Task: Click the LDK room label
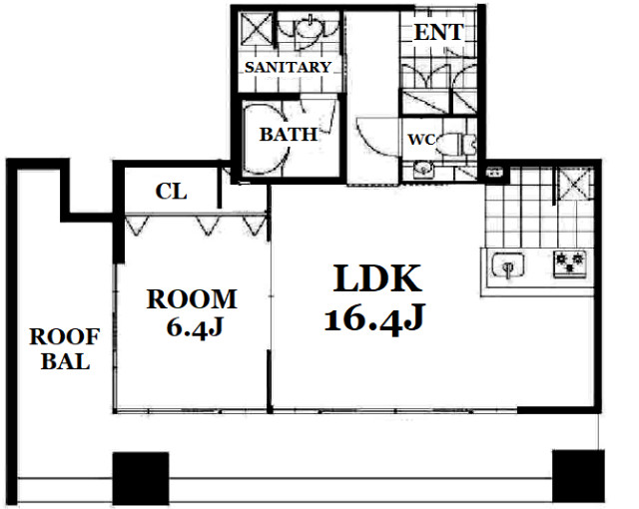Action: point(377,278)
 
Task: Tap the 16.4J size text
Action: point(375,318)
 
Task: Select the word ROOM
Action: point(192,298)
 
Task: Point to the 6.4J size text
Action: point(195,326)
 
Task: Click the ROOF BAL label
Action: point(65,349)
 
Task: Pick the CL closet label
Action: point(171,191)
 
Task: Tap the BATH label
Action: point(289,134)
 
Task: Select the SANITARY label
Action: point(288,67)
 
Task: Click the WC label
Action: point(421,140)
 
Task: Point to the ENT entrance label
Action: point(439,32)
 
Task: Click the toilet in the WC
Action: point(458,144)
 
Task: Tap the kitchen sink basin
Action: point(508,265)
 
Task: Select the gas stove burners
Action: point(570,263)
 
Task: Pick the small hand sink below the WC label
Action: point(423,169)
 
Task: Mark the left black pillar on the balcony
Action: point(141,478)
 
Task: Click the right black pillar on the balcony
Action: point(578,476)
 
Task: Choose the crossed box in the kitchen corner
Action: point(574,184)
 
